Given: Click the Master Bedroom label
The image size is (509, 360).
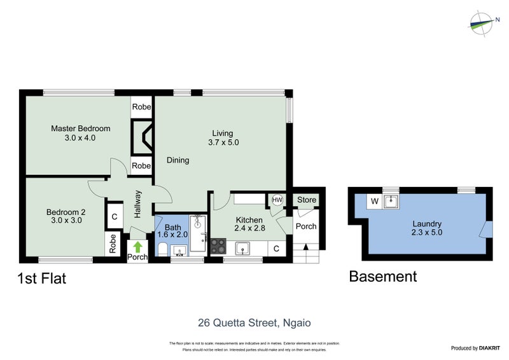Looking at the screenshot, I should coord(80,128).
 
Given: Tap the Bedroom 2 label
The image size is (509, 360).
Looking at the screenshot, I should coord(66,212).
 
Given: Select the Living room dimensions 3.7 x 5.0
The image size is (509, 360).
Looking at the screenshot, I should coord(223,142).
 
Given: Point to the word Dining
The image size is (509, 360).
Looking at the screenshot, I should coord(178,160).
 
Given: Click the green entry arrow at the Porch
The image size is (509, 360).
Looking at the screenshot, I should coord(138,246).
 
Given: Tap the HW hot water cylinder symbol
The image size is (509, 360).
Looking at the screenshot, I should coord(277,200).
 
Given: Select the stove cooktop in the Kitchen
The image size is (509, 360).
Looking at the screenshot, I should coord(218,245).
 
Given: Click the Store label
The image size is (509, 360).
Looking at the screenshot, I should coord(307,200).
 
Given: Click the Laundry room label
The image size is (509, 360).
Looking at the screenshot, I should coord(427,224).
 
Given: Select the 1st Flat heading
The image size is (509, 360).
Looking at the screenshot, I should coord(41,278).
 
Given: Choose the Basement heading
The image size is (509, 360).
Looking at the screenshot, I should coord(383,277).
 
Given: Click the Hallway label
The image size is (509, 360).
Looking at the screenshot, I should coord(138,204).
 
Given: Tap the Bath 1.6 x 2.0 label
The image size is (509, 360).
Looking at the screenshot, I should coord(172,230).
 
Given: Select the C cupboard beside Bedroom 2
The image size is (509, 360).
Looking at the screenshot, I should coord(114,216).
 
